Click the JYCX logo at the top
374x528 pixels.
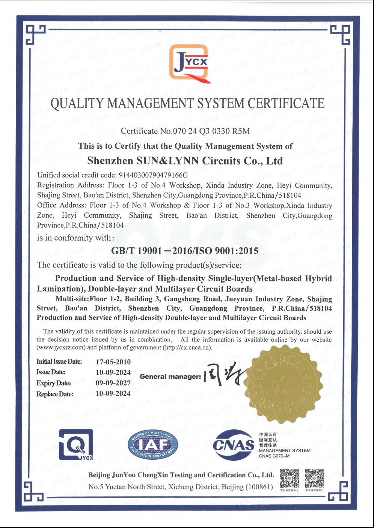pos(190,63)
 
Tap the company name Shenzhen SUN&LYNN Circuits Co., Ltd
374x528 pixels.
pos(185,161)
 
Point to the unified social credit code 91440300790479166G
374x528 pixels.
pos(153,175)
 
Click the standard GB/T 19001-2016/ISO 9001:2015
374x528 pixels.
pos(185,251)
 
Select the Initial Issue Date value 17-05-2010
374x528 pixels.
pos(113,362)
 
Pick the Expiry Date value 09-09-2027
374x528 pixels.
pos(113,383)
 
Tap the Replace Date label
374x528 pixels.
pos(55,394)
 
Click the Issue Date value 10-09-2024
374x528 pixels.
pos(113,373)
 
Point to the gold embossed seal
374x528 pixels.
pos(282,384)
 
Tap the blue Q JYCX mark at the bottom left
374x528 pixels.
pos(76,445)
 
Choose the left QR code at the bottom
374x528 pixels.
pos(290,478)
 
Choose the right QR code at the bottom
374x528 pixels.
pos(314,478)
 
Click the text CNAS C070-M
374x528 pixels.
pos(274,456)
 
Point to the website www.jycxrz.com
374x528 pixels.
pos(61,347)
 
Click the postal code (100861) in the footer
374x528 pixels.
pos(259,487)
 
